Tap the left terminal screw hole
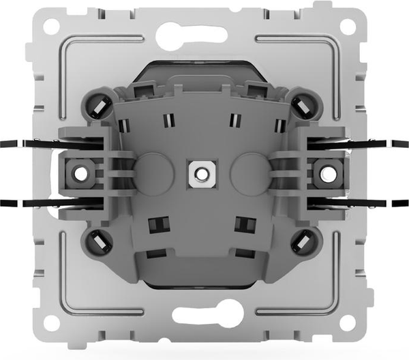tap(80, 173)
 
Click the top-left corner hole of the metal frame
tap(52, 27)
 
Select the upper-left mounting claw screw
tap(97, 105)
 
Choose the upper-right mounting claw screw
tap(305, 105)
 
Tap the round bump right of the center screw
tap(248, 173)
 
